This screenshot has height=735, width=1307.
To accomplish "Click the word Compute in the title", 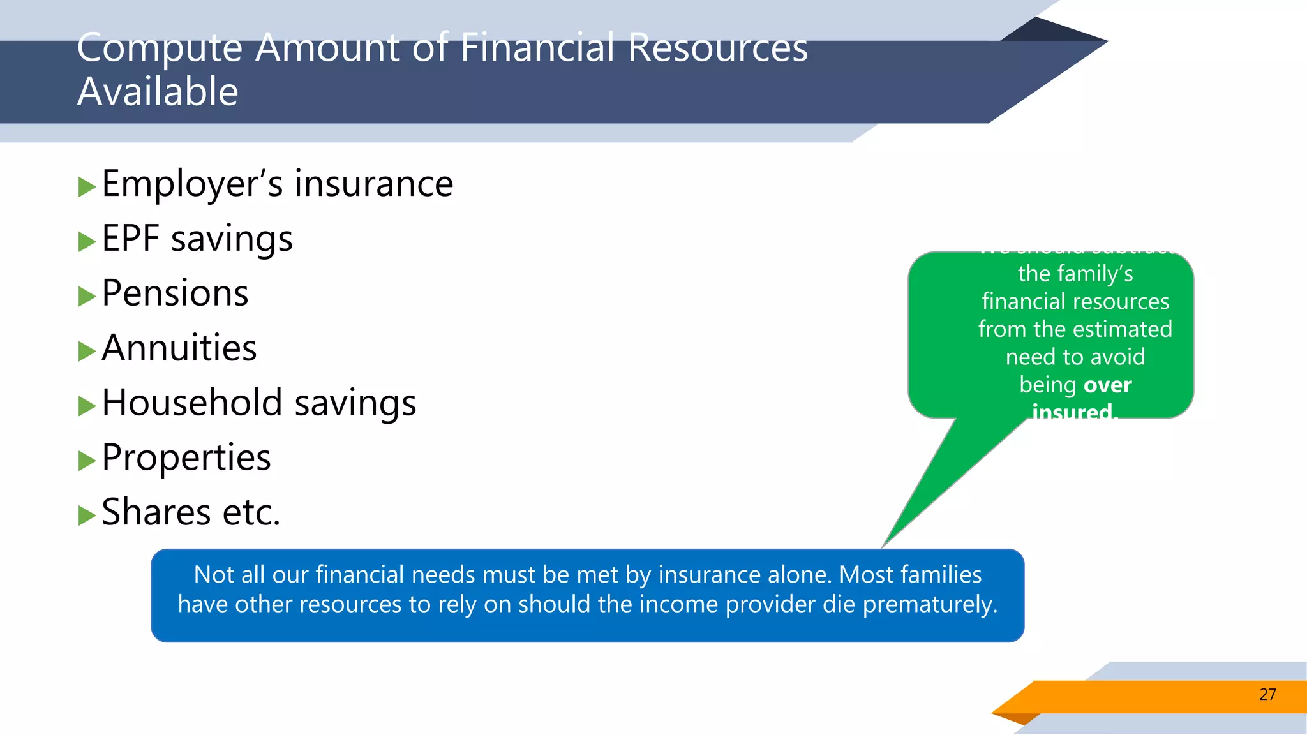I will tap(160, 48).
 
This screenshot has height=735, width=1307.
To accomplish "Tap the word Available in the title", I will tap(158, 91).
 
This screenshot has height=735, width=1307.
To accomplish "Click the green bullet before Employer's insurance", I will tap(86, 187).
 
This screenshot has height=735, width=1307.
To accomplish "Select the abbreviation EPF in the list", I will tap(130, 239).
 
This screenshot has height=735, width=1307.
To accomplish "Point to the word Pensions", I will tap(175, 293).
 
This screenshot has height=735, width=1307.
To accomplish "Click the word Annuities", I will tap(179, 348).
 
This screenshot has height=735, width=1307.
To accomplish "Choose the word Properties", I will tap(186, 458).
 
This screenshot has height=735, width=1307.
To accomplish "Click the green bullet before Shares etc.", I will tap(86, 515).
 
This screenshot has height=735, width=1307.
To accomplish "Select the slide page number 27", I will tap(1267, 694).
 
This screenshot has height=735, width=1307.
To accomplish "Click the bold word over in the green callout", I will tap(1107, 385).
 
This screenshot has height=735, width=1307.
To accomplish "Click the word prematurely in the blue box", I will tap(930, 604).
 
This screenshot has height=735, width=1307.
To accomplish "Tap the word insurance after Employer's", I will tap(373, 184).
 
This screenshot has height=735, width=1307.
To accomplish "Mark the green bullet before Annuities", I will tap(86, 351).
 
